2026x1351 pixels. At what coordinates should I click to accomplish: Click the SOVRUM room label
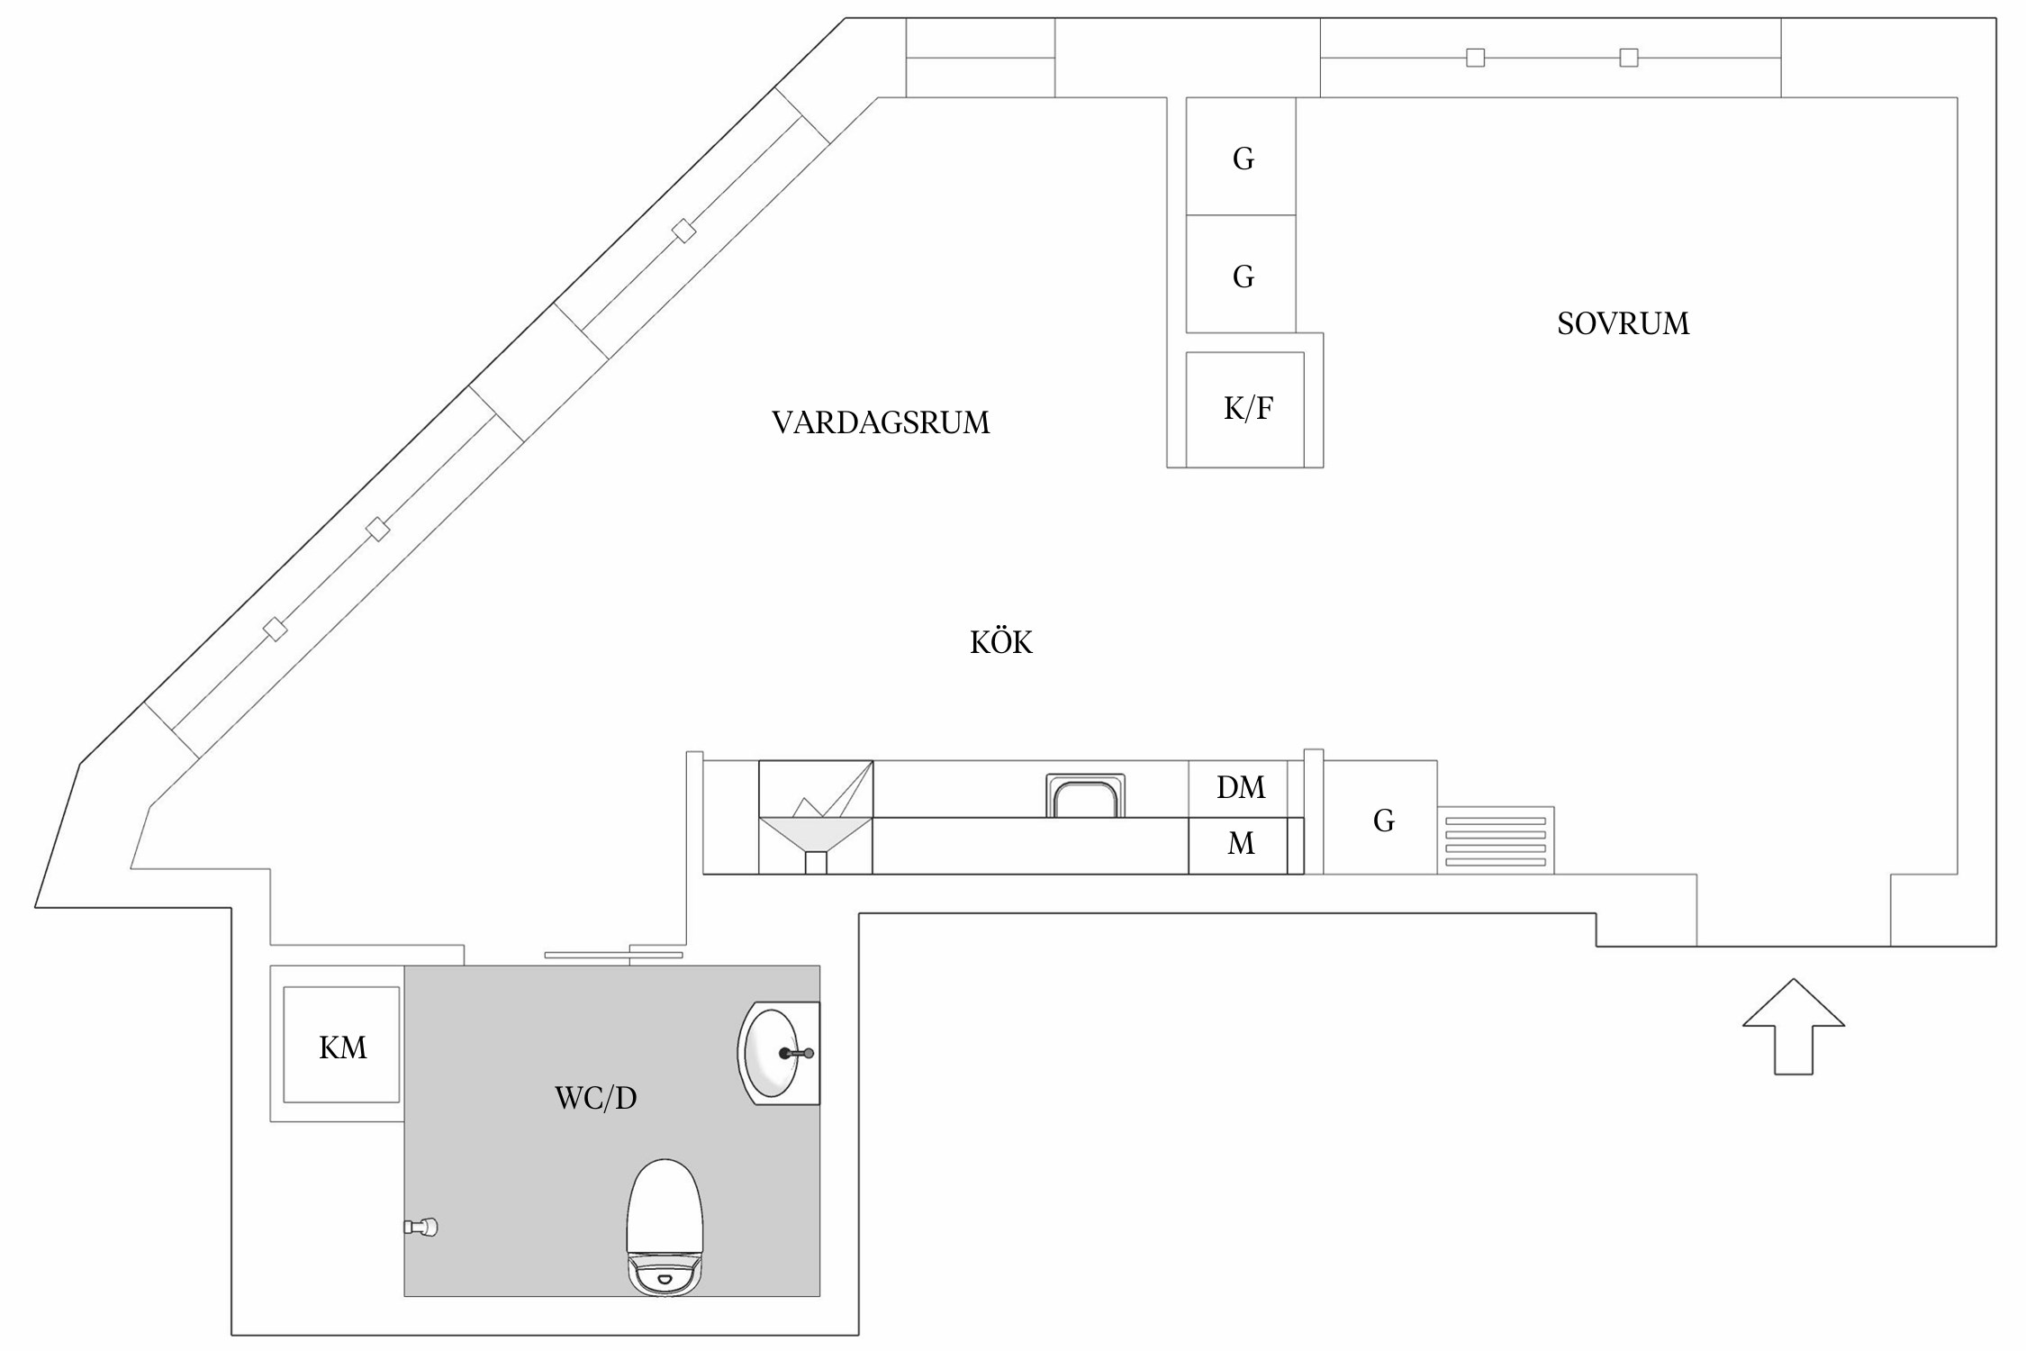[1623, 323]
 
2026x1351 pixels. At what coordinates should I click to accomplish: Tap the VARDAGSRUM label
[881, 422]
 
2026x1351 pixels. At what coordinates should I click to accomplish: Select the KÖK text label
[1000, 641]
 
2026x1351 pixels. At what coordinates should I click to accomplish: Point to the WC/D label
[595, 1098]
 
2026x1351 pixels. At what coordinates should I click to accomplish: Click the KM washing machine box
[341, 1045]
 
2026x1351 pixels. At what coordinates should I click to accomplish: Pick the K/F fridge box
[1244, 409]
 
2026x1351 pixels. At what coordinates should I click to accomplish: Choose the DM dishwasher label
[1241, 787]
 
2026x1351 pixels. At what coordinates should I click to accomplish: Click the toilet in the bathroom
[665, 1227]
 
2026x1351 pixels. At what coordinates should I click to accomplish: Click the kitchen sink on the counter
[1085, 796]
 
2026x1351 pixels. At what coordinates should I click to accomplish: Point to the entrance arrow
[1794, 1026]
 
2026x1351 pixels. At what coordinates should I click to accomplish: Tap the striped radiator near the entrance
[1496, 840]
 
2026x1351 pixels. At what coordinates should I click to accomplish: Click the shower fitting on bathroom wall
[421, 1227]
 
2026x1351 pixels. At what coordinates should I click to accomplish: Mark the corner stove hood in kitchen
[816, 817]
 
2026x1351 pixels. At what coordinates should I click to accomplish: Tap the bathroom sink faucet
[796, 1053]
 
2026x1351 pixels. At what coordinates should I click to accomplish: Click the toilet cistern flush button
[665, 1278]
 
